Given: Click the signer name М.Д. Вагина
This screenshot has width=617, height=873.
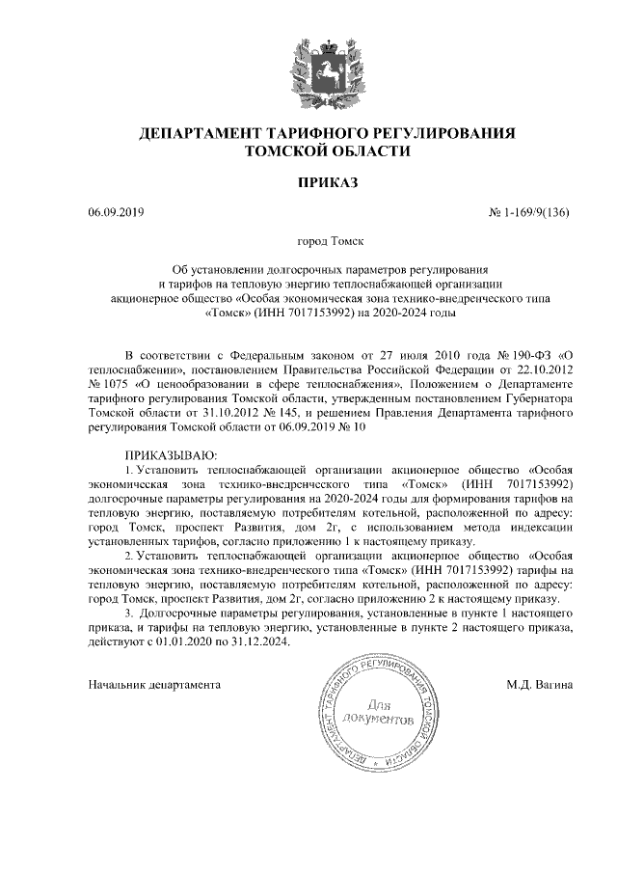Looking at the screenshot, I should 539,685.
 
